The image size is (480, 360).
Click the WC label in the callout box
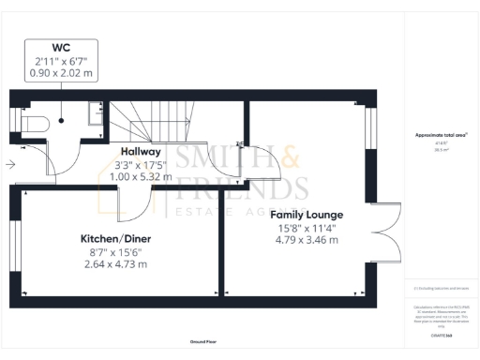pyautogui.click(x=61, y=47)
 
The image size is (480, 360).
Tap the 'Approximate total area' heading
pyautogui.click(x=442, y=135)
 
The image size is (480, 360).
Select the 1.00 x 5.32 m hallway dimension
pyautogui.click(x=141, y=175)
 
